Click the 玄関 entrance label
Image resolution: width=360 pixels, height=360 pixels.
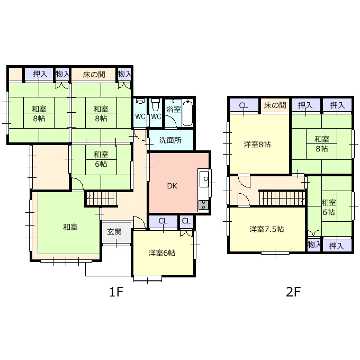point(114,232)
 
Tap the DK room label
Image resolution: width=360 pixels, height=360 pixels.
point(172,186)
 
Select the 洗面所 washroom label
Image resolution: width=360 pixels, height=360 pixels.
point(170,140)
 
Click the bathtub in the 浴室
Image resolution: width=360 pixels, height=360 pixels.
point(187,113)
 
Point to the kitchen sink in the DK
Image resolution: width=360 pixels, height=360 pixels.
point(204,179)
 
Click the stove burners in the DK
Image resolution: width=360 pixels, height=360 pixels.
point(203,205)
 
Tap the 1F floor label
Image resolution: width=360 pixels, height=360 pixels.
point(116,292)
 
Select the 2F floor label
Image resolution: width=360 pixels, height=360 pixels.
point(293,292)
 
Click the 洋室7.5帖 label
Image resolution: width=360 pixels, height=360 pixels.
point(266,229)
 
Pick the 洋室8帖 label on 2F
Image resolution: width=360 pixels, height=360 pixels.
point(257,145)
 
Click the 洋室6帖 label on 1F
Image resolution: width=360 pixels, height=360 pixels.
point(162,253)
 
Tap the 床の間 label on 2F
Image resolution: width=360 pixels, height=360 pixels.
point(275,105)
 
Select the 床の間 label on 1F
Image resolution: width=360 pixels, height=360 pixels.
point(94,75)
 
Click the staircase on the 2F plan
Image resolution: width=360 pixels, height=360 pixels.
point(283,198)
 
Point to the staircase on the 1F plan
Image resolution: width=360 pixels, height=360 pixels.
point(101,199)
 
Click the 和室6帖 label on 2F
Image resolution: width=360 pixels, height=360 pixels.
point(329,208)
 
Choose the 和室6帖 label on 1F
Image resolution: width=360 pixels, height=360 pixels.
point(101,159)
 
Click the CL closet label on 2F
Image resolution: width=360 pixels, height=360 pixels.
point(244,105)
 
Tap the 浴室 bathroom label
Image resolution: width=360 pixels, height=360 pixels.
point(173,109)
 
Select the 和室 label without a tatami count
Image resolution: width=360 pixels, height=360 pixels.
point(70,227)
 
